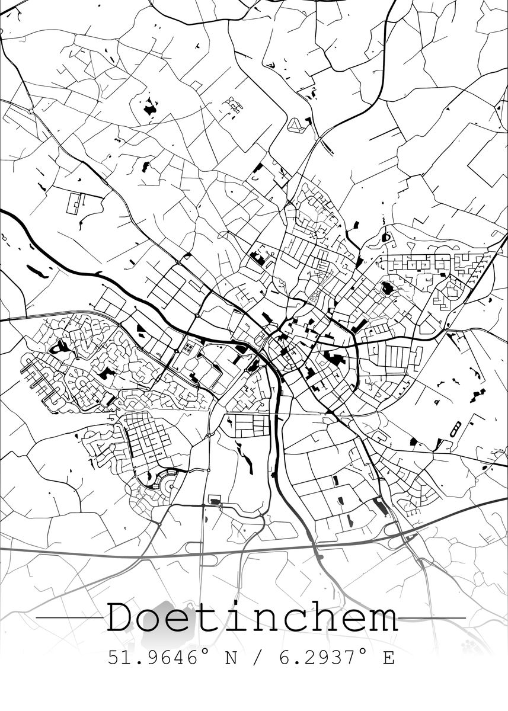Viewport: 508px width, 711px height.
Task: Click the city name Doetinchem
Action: pos(253,617)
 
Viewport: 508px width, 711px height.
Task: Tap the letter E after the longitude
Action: pos(389,658)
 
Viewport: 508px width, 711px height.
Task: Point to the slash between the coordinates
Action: pos(256,658)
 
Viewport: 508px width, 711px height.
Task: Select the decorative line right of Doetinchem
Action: pos(432,618)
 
